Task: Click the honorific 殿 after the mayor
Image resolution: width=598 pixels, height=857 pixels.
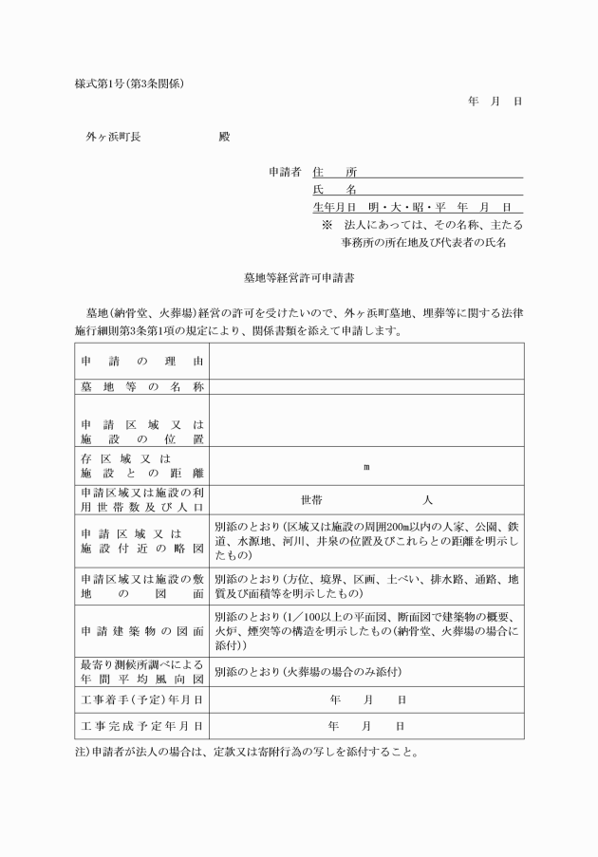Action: click(224, 137)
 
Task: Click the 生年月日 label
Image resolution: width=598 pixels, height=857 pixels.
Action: click(334, 207)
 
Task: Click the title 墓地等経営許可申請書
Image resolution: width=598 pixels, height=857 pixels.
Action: click(299, 280)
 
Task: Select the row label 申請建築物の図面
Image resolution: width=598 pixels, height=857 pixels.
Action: click(141, 631)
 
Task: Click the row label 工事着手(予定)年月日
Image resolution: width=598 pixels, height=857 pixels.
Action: click(141, 700)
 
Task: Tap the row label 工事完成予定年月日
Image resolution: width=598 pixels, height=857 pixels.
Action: click(141, 726)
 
